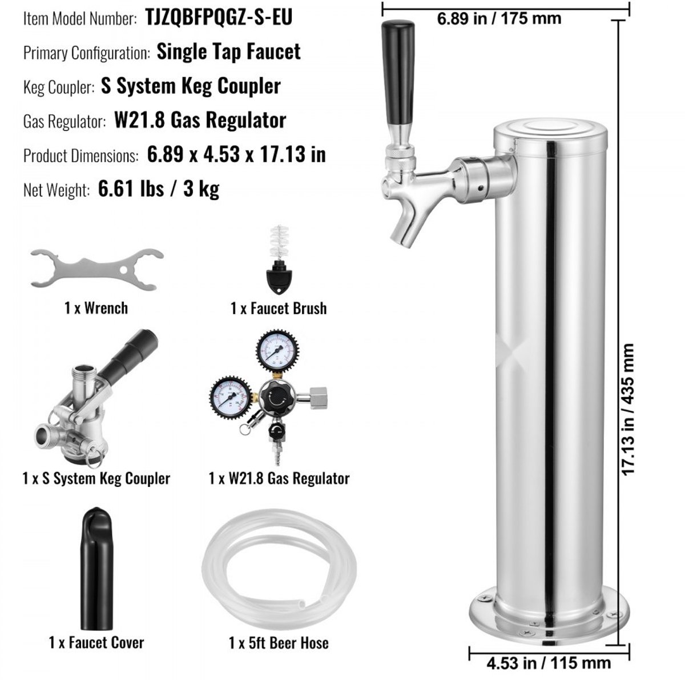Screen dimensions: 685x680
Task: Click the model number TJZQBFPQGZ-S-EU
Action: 219,17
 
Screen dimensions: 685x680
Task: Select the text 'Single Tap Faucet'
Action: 228,51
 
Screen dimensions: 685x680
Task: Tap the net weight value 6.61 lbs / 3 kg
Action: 159,189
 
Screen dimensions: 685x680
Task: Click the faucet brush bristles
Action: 280,242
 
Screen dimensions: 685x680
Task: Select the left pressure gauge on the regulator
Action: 231,397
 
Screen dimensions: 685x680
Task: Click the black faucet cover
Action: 96,573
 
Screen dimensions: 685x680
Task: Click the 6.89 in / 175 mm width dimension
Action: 499,18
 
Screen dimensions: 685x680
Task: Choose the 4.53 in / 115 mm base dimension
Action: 549,663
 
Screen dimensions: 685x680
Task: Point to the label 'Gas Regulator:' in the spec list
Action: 65,121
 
